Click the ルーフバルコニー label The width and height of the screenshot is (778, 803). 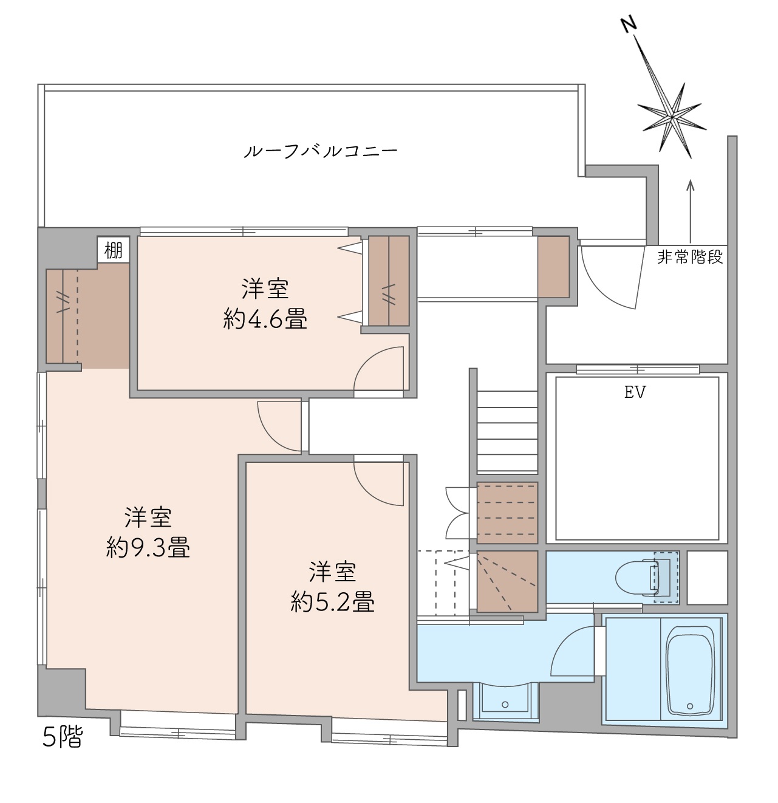(320, 151)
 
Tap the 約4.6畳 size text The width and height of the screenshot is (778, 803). (265, 319)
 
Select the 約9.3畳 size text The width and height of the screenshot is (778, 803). (148, 548)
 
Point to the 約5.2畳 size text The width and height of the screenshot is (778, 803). (332, 602)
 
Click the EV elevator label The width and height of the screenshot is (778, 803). (635, 392)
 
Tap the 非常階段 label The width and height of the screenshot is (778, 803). (690, 257)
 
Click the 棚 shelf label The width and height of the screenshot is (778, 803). (114, 250)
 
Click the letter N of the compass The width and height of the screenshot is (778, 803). (629, 25)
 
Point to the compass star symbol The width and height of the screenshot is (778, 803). (672, 119)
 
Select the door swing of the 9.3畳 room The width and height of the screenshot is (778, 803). (279, 426)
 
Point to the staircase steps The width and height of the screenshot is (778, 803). (507, 432)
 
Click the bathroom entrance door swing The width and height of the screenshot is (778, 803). (573, 651)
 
